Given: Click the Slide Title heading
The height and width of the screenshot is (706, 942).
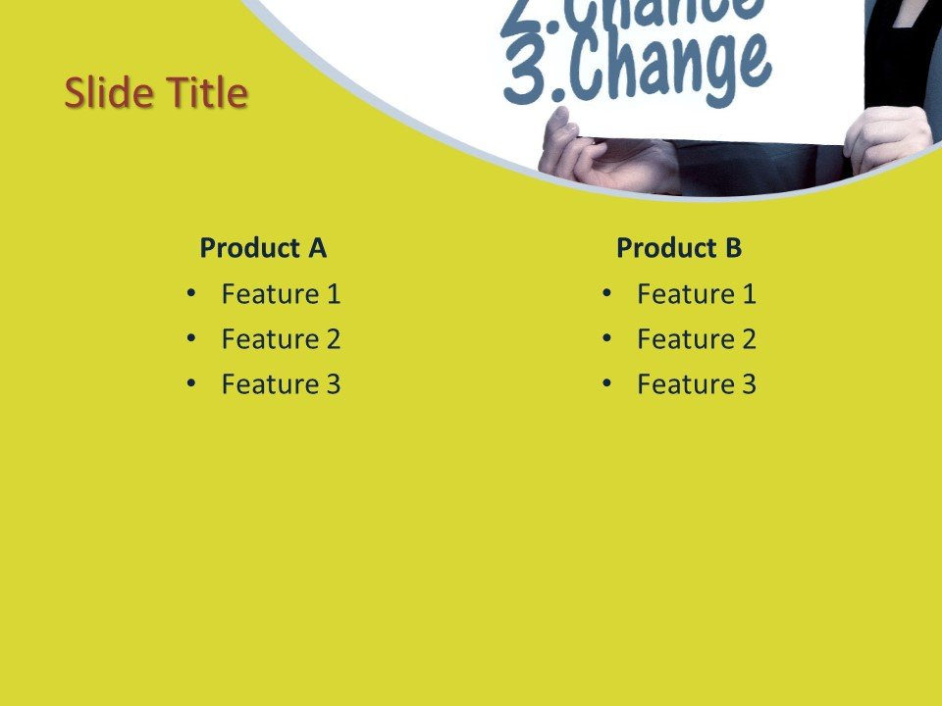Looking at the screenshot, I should [156, 94].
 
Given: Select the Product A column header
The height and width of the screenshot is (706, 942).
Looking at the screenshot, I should [263, 248].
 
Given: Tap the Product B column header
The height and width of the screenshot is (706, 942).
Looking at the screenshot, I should [679, 248].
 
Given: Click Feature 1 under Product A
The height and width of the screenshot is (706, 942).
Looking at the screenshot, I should [281, 293].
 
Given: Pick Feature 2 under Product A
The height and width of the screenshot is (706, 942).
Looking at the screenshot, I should [281, 339].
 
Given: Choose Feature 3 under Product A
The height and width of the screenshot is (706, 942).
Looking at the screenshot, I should [281, 384].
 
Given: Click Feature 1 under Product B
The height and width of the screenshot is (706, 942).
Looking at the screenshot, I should [697, 293].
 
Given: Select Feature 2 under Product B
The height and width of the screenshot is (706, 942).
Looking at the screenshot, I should [697, 339].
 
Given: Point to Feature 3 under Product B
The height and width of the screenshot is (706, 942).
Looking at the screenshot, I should [697, 384].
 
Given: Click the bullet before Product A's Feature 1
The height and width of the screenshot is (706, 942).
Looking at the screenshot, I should [190, 292].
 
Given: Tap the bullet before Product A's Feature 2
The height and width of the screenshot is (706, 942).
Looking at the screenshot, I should [190, 338].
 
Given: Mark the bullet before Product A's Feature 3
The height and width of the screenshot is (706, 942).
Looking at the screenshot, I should [190, 383].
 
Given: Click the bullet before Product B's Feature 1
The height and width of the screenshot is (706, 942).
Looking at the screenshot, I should [606, 292].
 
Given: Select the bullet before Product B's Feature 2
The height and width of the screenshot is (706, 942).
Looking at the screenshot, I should [606, 338].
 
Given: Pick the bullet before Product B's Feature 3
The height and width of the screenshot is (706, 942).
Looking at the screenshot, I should [606, 383].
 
